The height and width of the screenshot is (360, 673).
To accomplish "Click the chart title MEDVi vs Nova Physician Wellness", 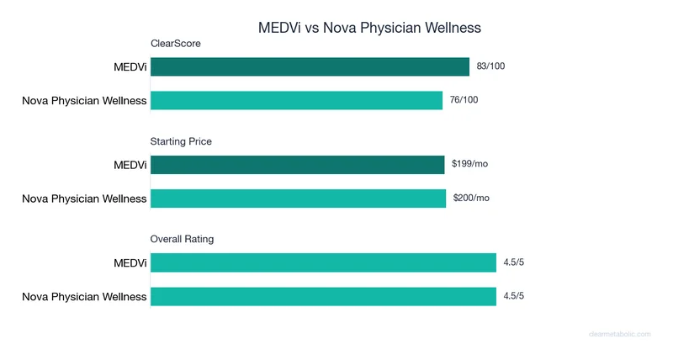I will point(369,28).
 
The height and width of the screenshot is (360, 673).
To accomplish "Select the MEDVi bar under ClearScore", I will point(310,67).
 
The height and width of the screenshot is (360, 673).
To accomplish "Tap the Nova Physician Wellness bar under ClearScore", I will point(296,101).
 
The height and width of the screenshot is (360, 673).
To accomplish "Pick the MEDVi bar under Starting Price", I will point(297,165).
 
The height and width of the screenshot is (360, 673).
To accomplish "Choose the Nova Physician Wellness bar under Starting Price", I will point(298,199).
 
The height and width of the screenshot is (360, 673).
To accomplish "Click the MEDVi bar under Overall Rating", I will point(323,263).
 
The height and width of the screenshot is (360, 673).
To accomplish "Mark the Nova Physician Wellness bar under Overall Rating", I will point(323,296).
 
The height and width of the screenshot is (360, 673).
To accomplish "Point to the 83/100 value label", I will point(490,66).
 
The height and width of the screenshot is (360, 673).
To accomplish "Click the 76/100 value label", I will point(464,100).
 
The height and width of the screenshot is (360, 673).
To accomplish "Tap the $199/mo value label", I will point(469,164).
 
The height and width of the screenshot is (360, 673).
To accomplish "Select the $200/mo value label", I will point(470,198).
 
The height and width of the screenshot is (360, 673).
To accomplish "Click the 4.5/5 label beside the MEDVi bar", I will point(514,262).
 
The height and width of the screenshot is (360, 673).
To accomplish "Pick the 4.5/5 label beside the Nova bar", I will point(514,296).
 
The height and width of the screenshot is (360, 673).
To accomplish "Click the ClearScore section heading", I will point(176,43).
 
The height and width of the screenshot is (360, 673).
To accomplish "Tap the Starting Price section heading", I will point(181,141).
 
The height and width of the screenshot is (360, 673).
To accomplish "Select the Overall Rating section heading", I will point(182,239).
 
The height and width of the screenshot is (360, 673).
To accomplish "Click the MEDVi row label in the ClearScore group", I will point(130,67).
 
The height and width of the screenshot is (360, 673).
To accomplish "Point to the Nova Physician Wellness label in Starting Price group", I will point(84,199).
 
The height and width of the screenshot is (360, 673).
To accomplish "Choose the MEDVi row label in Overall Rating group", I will point(130,263).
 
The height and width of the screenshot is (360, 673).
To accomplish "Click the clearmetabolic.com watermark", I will point(619,334).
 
